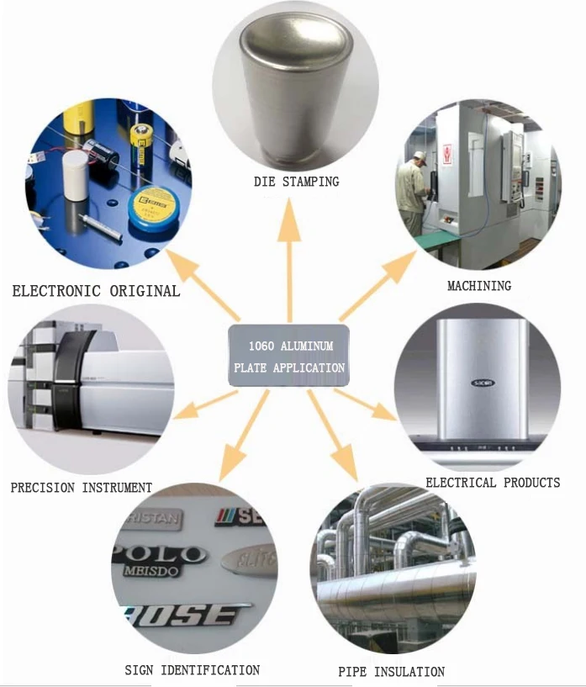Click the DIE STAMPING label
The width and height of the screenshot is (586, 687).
296,181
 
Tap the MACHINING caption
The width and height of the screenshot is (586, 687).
478,286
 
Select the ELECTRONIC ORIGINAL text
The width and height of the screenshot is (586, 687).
96,291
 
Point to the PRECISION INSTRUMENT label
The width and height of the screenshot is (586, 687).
82,487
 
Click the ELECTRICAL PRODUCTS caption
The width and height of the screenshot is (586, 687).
493,483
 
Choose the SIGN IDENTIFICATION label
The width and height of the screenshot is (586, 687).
192,670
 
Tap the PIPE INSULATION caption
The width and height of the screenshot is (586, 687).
391,672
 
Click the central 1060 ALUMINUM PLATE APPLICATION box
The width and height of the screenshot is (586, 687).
288,356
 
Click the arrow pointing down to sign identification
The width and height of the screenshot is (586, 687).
240,437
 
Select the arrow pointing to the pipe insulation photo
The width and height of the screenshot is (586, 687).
332,437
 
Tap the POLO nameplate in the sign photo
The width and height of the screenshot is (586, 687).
159,555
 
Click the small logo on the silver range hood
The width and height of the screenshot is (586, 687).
483,383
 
